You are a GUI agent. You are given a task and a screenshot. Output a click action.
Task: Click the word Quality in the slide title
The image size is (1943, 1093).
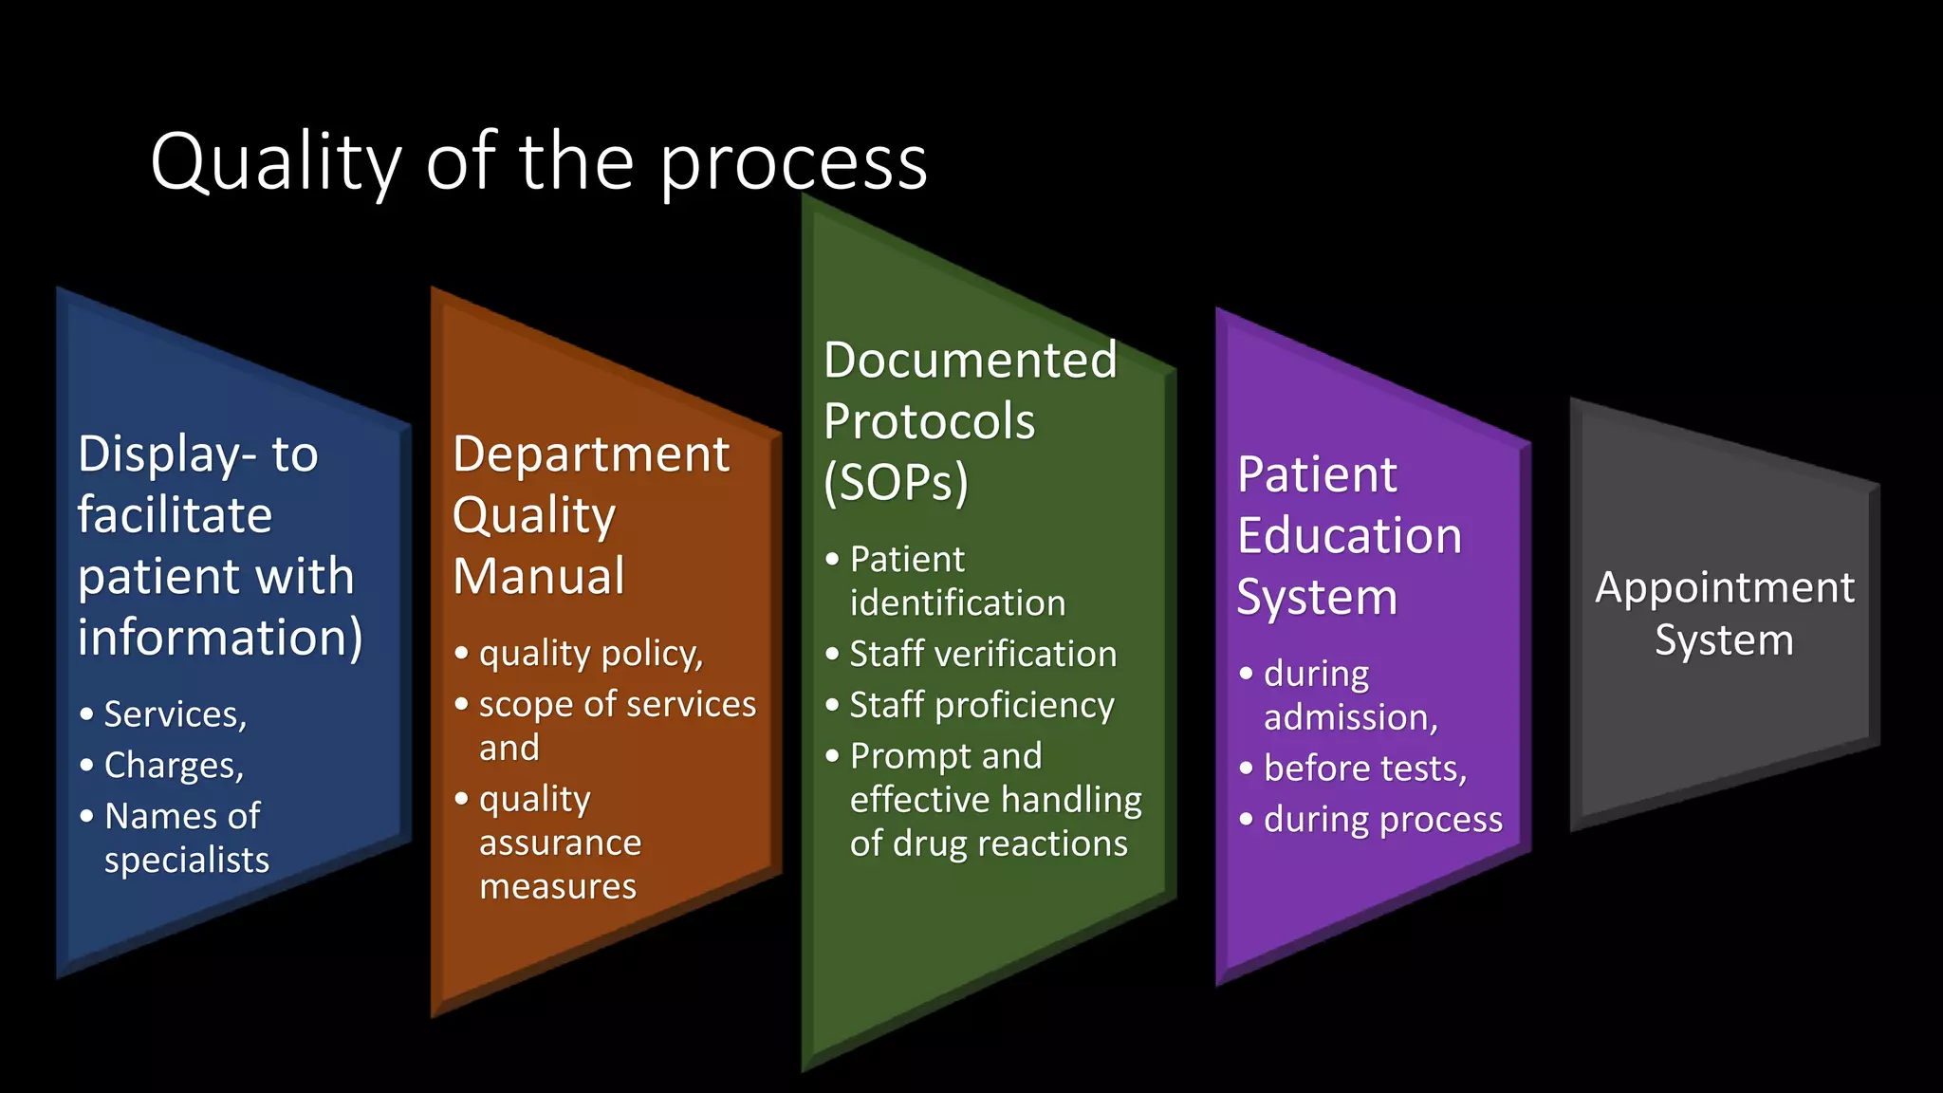tap(276, 162)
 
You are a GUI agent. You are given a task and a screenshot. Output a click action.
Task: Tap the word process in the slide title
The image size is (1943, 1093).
tap(793, 162)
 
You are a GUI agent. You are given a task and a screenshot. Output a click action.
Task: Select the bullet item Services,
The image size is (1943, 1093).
tap(176, 714)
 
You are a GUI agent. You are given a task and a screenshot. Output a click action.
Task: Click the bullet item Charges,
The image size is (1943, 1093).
tap(174, 766)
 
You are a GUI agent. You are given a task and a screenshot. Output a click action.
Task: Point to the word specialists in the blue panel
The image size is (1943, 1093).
tap(187, 860)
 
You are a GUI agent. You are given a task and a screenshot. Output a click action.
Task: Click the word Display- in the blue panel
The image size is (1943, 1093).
tap(167, 454)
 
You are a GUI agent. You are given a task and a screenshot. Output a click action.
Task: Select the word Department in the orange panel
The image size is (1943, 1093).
tap(591, 454)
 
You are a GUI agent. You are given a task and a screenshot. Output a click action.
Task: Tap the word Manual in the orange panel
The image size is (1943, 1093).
tap(539, 576)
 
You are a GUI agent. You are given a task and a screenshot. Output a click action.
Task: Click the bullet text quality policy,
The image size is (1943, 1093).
tap(590, 654)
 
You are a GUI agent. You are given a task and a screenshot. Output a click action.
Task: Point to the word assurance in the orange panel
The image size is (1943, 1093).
tap(560, 843)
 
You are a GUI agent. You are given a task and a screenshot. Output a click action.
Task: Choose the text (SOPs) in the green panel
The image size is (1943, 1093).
tap(896, 482)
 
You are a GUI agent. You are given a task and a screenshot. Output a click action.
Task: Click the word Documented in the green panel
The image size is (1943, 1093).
tap(971, 361)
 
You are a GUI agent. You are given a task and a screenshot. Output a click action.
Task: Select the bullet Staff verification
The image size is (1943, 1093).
tap(983, 655)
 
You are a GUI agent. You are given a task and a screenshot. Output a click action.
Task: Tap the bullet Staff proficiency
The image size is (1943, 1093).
tap(982, 706)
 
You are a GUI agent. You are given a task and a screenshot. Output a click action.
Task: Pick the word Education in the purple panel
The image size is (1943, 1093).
tap(1349, 536)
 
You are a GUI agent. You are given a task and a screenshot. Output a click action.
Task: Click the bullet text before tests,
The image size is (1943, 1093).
tap(1365, 769)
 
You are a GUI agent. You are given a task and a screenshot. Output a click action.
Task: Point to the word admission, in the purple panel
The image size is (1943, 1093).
tap(1351, 718)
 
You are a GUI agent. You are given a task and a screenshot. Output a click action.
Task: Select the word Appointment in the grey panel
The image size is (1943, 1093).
tap(1724, 588)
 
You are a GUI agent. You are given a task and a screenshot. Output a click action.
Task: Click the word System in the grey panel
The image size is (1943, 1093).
tap(1724, 640)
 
